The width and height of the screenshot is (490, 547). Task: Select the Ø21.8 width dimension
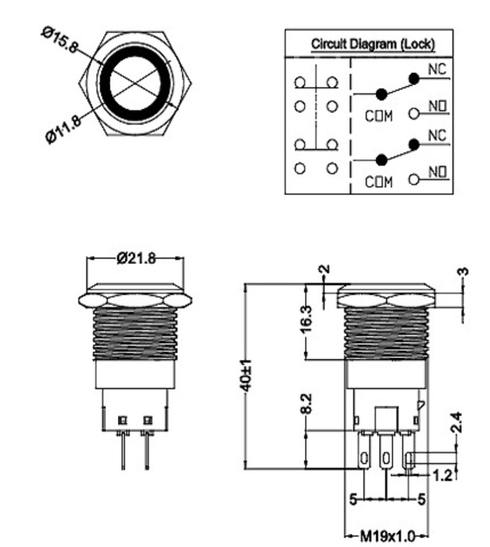pos(136,258)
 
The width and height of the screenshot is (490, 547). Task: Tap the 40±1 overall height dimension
pos(247,376)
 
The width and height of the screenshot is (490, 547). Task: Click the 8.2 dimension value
pos(307,403)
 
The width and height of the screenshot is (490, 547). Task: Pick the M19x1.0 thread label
pos(387,536)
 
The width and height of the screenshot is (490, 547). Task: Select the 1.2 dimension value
pos(442,475)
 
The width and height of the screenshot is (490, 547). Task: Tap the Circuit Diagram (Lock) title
pos(373,44)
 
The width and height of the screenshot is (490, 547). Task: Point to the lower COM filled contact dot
pos(381,160)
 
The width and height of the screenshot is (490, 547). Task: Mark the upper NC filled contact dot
pos(413,78)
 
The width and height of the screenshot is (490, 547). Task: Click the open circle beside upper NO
pos(414,114)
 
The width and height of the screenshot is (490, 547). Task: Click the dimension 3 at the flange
pos(462,273)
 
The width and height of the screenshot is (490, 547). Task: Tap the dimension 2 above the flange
pos(325,270)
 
